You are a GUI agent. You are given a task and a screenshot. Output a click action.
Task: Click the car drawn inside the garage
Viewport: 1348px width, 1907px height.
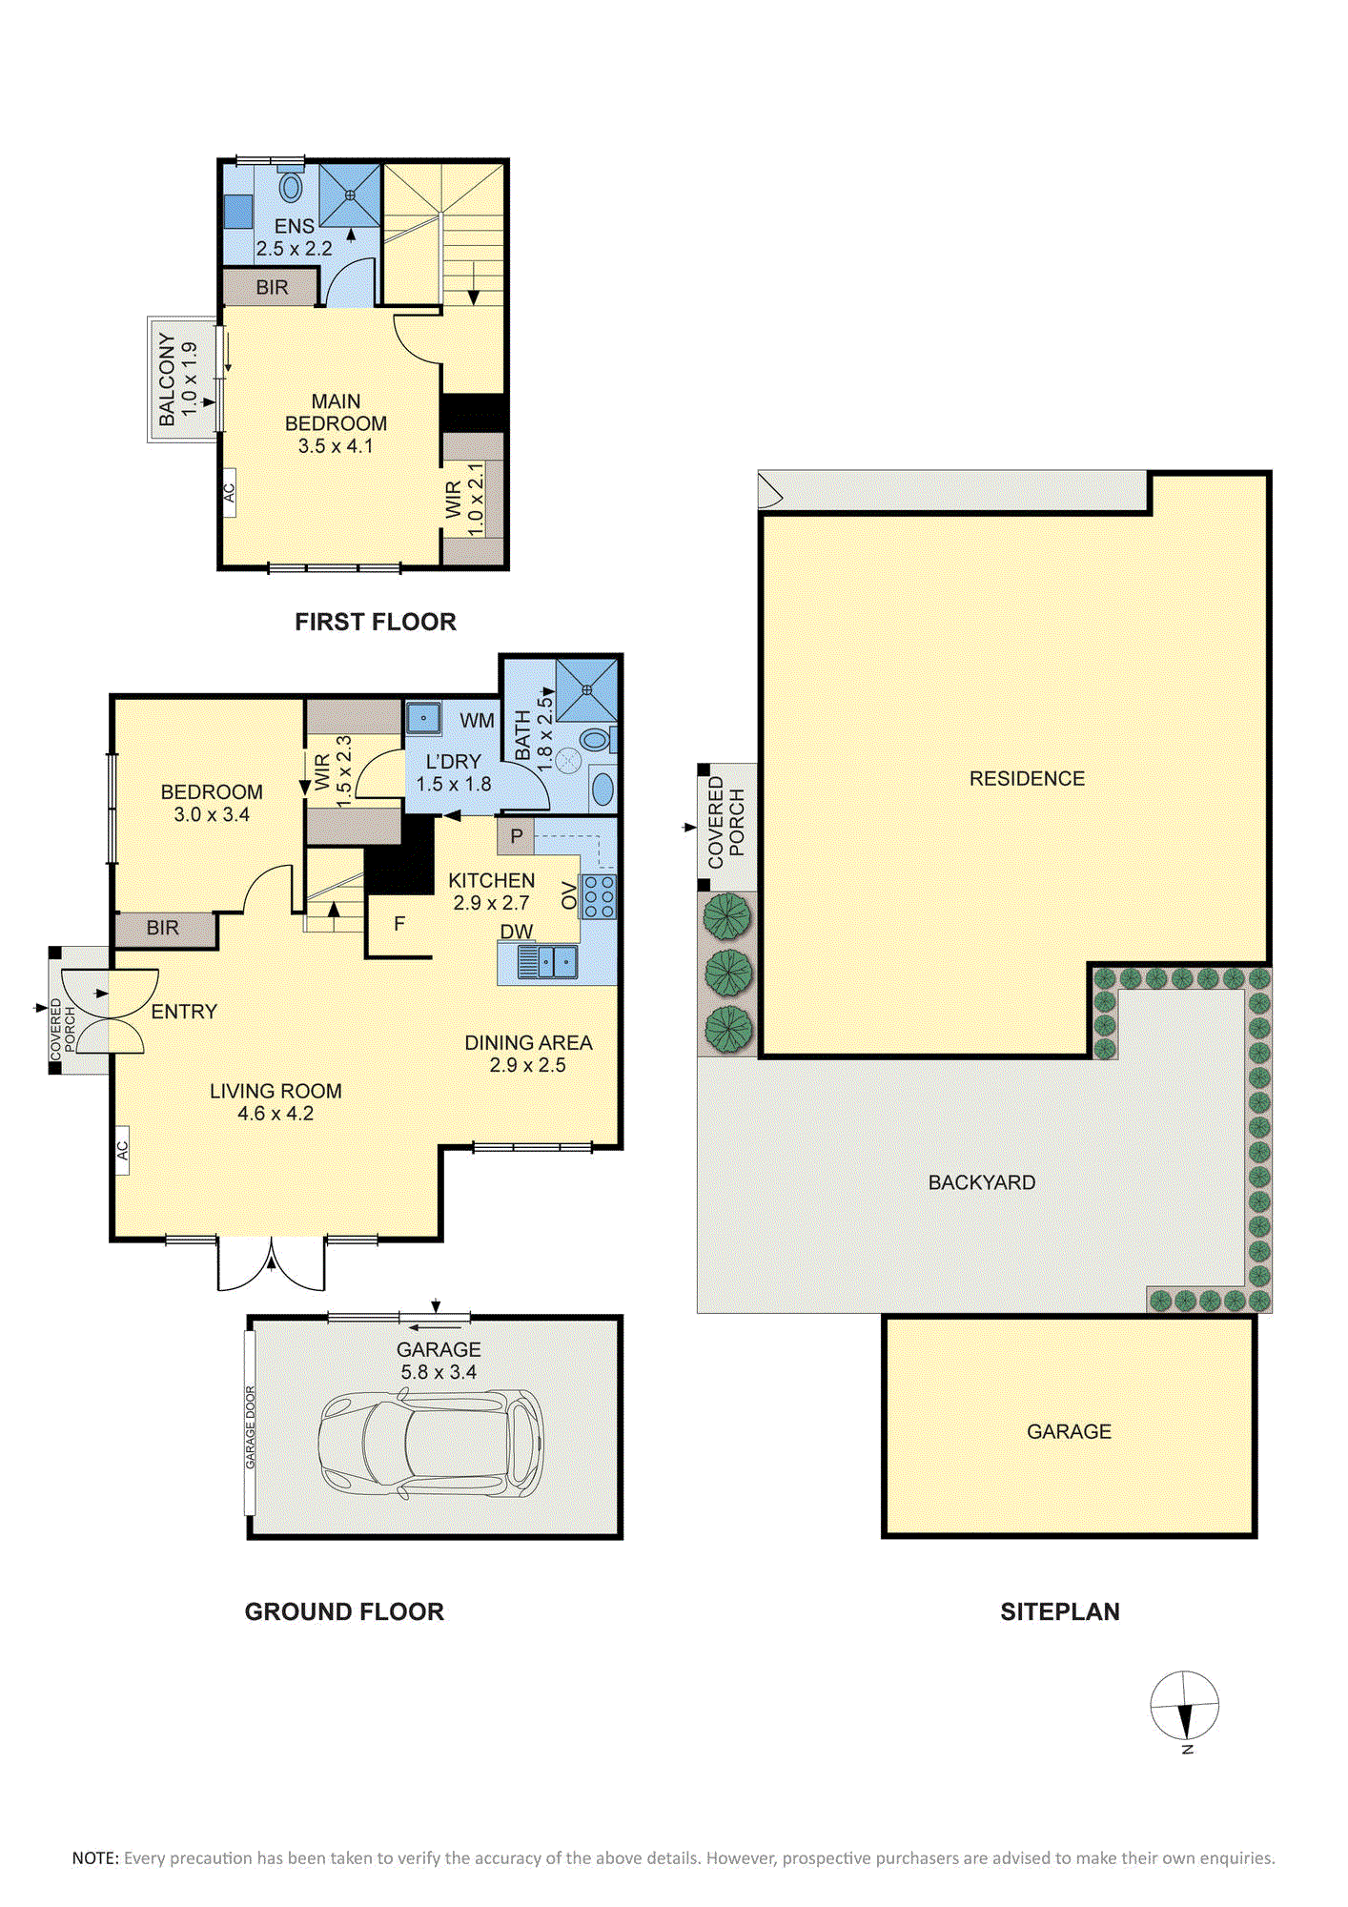431,1443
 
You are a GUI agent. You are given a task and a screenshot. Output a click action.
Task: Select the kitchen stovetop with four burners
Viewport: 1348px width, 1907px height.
599,896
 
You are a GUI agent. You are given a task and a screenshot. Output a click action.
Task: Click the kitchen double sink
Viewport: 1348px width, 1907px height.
547,961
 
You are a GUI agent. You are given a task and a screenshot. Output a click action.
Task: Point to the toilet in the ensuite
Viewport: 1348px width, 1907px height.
291,183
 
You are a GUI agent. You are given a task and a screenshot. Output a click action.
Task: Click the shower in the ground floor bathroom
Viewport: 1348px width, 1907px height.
586,689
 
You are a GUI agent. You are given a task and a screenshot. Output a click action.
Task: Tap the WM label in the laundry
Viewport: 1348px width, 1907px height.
477,721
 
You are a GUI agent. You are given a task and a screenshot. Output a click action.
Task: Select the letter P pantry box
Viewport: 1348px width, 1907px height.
516,836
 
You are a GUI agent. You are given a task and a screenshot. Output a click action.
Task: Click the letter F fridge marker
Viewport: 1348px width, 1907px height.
399,924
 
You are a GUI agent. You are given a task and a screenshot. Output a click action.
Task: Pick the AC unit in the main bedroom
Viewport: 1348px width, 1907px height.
229,493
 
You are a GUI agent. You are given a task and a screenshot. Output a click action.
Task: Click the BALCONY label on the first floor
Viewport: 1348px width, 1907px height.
168,379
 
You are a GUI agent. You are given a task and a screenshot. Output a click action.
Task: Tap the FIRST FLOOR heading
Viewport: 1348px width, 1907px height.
376,622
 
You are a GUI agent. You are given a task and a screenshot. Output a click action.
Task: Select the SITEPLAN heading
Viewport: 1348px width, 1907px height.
1060,1611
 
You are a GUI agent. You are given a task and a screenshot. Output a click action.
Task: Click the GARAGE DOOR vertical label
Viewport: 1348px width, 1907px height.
251,1427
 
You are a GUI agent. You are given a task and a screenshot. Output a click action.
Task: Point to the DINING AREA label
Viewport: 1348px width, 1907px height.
528,1043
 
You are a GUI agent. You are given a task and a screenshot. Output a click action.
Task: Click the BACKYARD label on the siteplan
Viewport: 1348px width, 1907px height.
982,1182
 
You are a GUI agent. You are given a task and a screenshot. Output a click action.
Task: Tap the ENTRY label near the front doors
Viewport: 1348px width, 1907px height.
184,1012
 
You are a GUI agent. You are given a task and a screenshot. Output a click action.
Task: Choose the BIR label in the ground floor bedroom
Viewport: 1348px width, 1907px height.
163,928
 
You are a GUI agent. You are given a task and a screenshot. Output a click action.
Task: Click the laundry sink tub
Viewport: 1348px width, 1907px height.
422,718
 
